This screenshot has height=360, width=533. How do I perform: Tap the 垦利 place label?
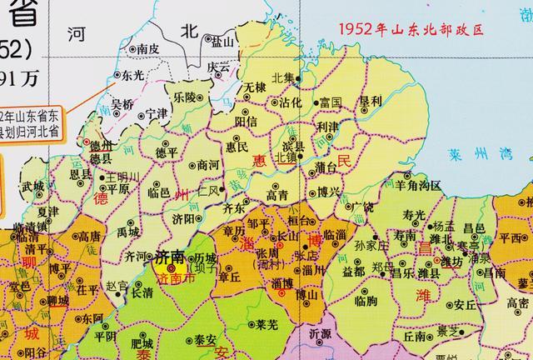[x=370, y=102]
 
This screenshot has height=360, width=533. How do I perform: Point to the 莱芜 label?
[x=266, y=324]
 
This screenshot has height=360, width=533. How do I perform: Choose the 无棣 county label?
[x=255, y=87]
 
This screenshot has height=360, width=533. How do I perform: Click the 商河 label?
[x=208, y=165]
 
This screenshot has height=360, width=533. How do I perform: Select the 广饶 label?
[x=361, y=205]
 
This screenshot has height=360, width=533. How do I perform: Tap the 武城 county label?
[x=33, y=186]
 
